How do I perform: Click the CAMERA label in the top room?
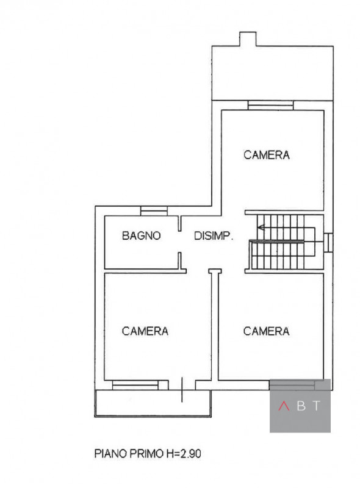(266, 155)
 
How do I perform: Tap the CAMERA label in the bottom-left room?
(145, 331)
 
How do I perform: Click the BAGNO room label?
(141, 235)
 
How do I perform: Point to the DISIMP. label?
(214, 235)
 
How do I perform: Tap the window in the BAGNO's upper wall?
(153, 212)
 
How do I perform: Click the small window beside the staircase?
(328, 242)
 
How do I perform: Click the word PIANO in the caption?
(107, 454)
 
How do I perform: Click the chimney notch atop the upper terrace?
(248, 39)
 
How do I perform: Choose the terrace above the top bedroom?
(271, 73)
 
